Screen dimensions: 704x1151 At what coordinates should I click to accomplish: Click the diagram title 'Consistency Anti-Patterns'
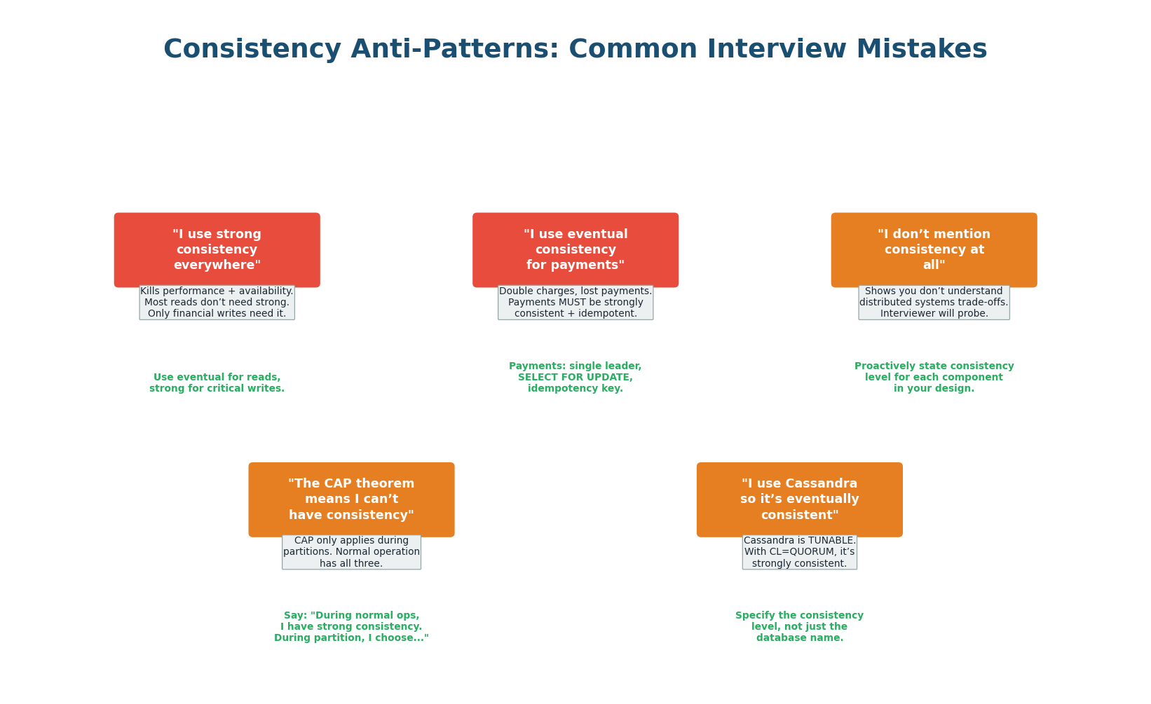[575, 50]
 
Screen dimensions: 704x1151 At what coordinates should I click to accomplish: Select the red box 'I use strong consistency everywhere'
[217, 250]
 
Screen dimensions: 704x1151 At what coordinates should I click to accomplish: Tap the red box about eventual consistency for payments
[575, 250]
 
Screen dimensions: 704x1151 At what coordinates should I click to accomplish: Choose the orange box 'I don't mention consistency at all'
[934, 250]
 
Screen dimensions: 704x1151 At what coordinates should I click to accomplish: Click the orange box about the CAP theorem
[351, 499]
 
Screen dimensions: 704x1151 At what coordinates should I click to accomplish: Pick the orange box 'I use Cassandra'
[799, 499]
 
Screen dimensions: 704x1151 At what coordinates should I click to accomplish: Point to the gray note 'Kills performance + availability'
[217, 303]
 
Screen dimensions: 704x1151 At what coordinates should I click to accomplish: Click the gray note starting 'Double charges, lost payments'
[575, 303]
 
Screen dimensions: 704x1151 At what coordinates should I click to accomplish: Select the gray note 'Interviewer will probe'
[934, 303]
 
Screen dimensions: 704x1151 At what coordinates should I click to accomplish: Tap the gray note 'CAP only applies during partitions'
[351, 552]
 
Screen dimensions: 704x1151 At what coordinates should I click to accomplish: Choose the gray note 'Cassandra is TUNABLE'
[799, 552]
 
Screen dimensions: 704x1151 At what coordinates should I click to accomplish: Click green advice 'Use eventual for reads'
[217, 382]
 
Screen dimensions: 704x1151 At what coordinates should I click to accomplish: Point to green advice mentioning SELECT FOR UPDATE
[575, 377]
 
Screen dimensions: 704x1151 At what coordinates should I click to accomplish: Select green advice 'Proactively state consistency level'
[934, 377]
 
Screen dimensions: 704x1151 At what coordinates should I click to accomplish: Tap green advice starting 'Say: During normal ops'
[351, 626]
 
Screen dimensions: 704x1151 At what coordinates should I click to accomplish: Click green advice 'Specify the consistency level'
[799, 626]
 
